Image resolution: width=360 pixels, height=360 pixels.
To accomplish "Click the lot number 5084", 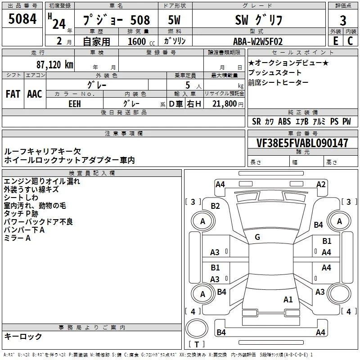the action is (x=22, y=19).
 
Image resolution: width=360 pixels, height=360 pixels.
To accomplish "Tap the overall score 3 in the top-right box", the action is (x=343, y=20).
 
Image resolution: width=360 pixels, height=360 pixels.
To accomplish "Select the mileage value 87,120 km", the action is (x=54, y=65).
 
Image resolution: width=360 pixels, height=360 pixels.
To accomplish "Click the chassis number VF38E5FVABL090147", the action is (x=302, y=143).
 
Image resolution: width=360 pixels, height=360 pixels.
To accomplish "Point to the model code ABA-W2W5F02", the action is (x=257, y=41).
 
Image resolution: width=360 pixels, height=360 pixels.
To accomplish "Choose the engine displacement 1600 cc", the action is (x=141, y=41).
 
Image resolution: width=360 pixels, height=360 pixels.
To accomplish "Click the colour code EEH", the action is (x=75, y=104).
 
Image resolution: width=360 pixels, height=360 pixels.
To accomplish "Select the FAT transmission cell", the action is (x=13, y=94).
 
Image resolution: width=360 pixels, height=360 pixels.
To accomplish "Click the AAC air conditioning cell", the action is (x=35, y=94).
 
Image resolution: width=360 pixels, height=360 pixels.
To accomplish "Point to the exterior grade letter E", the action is (x=335, y=41).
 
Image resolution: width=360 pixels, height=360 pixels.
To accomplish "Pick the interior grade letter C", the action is (x=350, y=41).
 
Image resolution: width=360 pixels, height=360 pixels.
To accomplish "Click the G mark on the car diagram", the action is (x=257, y=237).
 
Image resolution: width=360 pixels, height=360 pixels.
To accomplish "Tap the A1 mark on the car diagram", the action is (x=288, y=300).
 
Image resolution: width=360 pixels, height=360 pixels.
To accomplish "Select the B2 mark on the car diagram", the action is (x=215, y=206).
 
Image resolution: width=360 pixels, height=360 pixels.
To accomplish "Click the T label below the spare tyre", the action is (x=197, y=344).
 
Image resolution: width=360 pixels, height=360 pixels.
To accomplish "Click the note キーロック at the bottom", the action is (x=23, y=336).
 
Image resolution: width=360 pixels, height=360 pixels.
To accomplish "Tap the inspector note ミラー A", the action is (x=17, y=238).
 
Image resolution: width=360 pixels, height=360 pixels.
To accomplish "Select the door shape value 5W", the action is (x=174, y=20).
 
